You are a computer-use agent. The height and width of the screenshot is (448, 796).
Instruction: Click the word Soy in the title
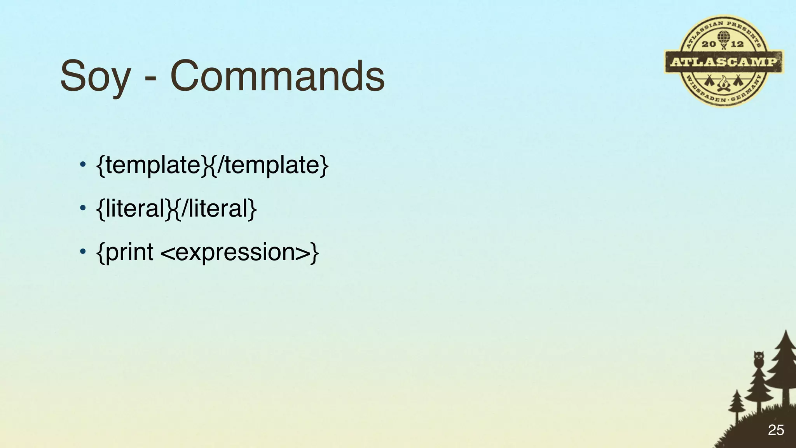(x=95, y=76)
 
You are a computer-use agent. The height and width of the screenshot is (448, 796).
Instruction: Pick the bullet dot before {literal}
(x=82, y=208)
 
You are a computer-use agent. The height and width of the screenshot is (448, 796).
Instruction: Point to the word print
(x=129, y=253)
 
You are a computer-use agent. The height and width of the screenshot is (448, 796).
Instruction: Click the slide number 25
(x=776, y=430)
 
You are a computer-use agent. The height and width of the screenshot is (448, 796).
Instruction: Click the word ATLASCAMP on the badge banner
(x=724, y=62)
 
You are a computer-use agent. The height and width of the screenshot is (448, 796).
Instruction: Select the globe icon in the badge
(x=723, y=37)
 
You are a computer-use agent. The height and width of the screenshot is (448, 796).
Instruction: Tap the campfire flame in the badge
(x=723, y=83)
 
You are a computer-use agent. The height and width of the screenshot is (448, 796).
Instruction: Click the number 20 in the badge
(x=709, y=44)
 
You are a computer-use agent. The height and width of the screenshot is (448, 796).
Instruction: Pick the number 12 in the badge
(x=737, y=44)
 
